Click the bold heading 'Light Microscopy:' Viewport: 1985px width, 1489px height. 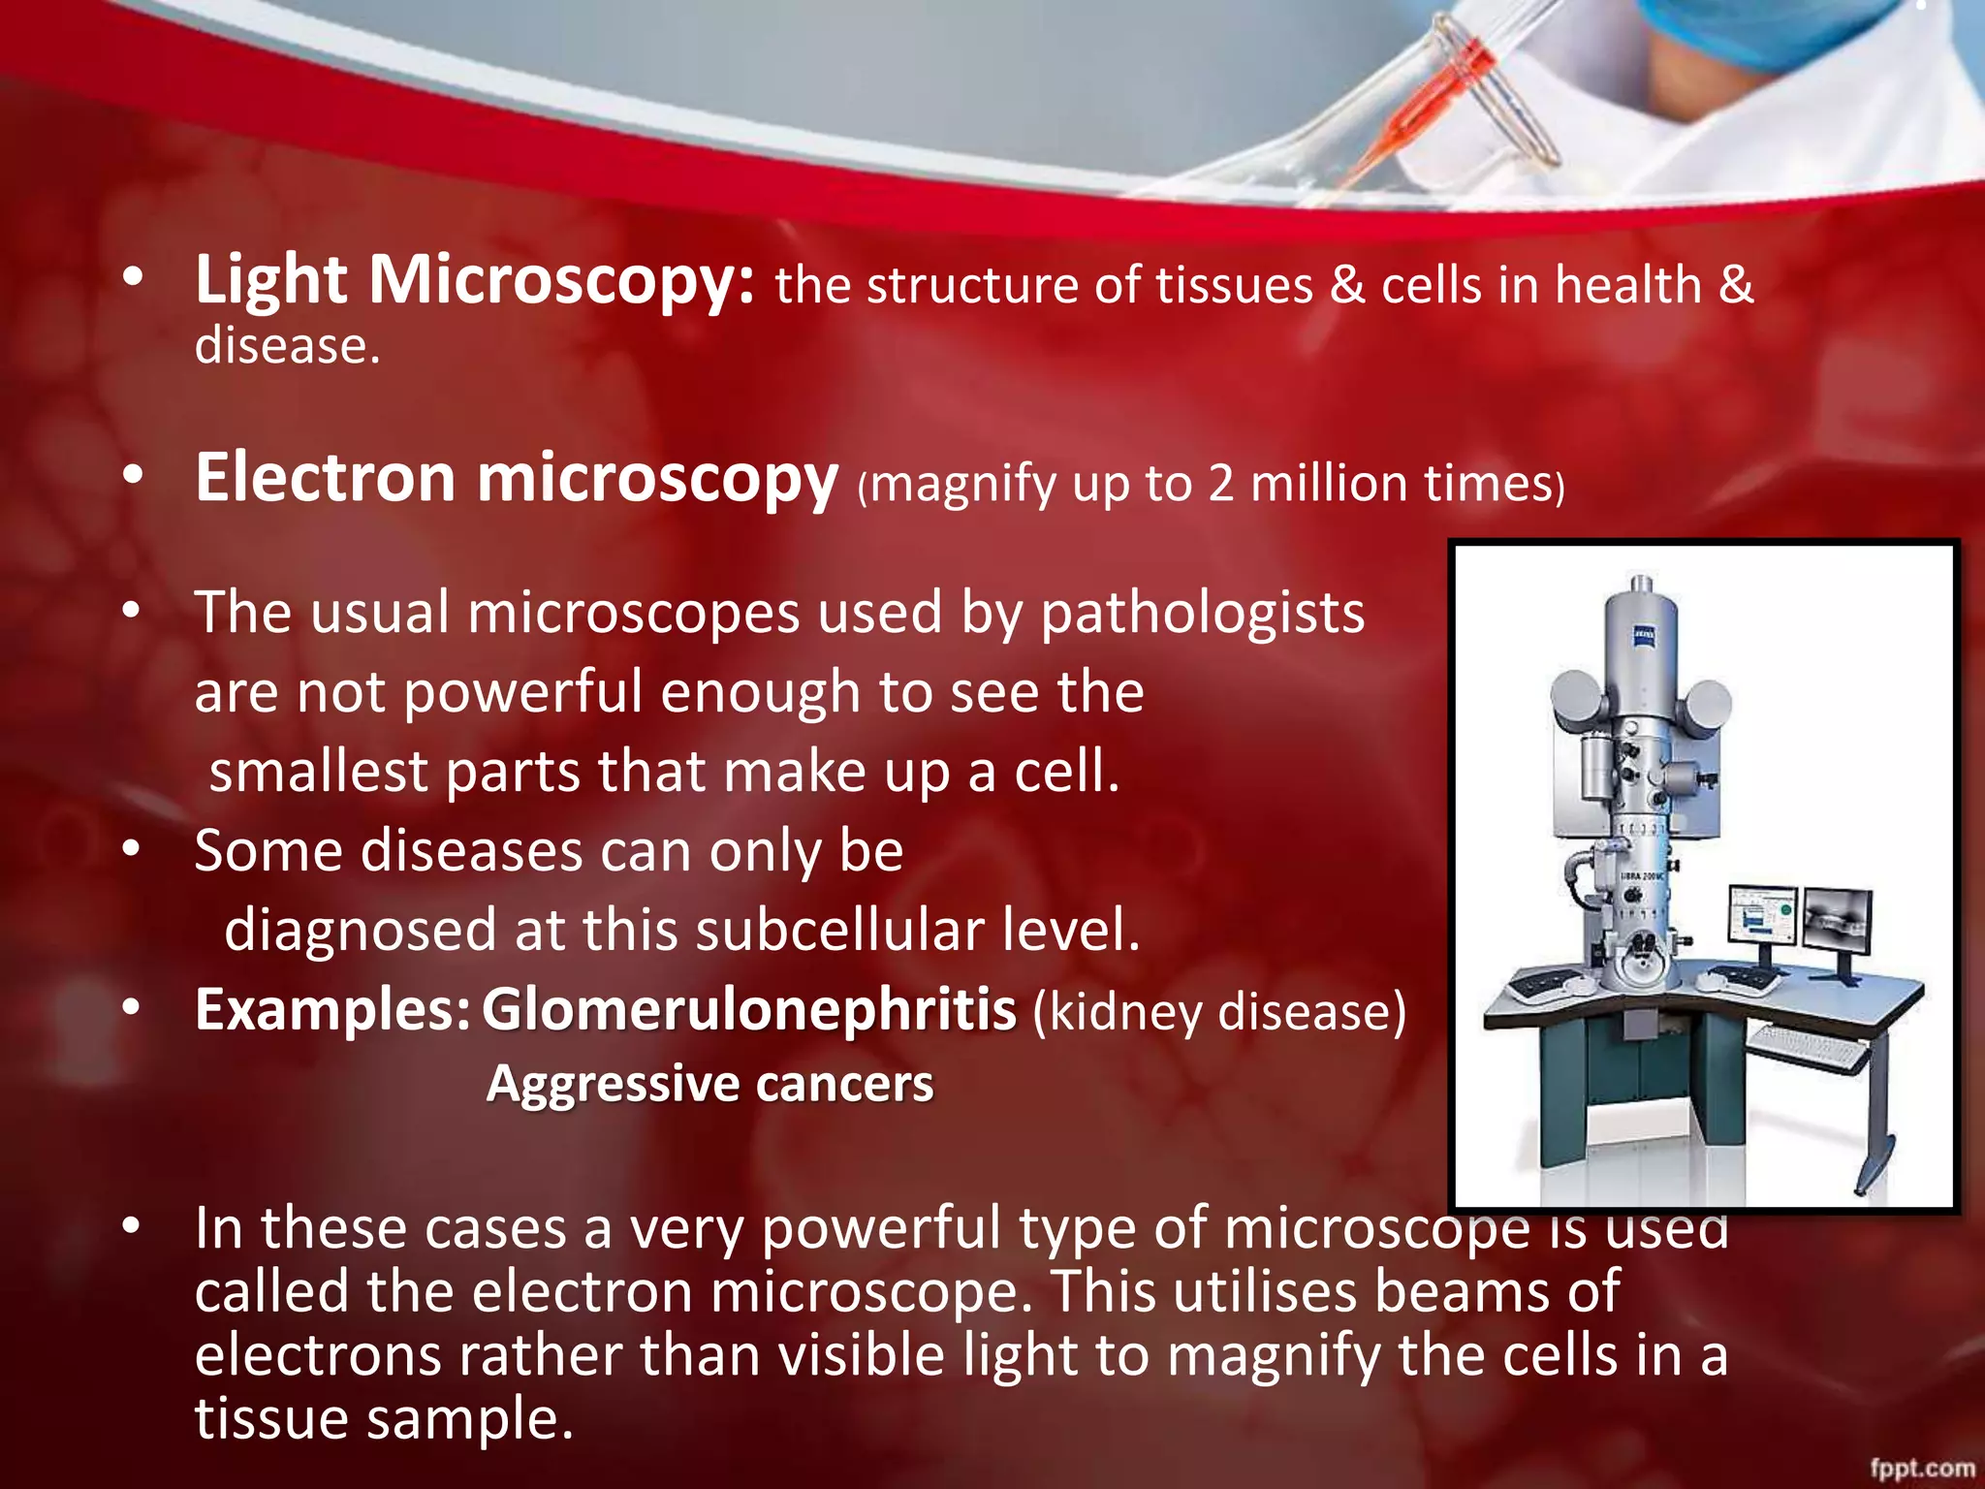[473, 281]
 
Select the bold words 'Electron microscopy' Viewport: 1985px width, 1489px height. [516, 479]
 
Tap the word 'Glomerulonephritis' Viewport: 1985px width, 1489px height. [748, 1010]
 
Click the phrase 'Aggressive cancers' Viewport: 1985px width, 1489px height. [709, 1084]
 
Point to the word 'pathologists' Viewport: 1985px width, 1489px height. [1202, 615]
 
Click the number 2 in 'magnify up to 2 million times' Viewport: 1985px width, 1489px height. [1220, 484]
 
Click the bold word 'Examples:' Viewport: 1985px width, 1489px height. [332, 1010]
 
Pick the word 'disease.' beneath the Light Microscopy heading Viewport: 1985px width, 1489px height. [287, 346]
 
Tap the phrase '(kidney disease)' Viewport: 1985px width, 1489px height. [1218, 1012]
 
